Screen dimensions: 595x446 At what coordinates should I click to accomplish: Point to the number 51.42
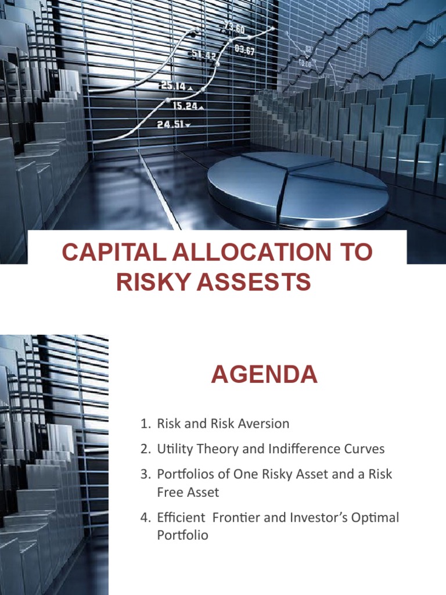(x=204, y=55)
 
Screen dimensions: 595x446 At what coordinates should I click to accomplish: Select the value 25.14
(x=172, y=86)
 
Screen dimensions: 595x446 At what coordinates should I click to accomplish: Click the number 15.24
(x=186, y=106)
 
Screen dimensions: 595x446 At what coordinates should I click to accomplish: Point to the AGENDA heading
(x=264, y=375)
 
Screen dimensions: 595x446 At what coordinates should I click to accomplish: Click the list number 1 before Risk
(x=145, y=424)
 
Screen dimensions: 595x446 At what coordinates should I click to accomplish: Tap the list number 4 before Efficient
(x=145, y=518)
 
